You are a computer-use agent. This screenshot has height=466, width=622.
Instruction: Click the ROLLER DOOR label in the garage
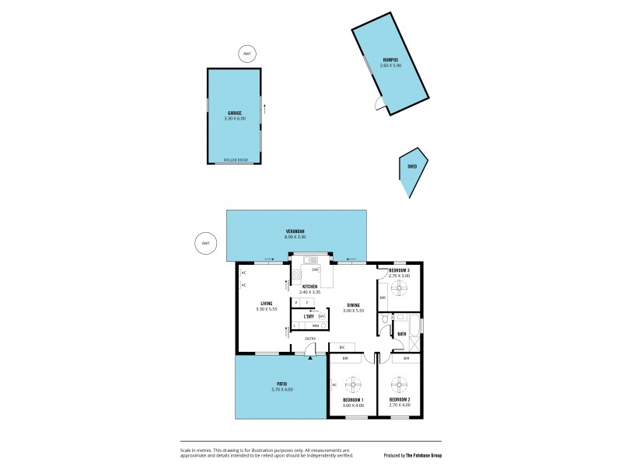point(236,160)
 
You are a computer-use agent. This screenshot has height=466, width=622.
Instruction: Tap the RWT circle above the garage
point(247,54)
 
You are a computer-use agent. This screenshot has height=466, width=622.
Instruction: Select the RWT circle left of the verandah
point(206,243)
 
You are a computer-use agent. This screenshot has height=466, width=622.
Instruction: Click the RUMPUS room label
point(390,60)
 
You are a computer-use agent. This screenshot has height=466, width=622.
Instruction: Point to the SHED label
point(412,166)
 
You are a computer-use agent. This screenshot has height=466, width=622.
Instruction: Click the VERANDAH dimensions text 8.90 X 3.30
point(295,237)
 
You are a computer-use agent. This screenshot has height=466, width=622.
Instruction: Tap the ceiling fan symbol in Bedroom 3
point(400,289)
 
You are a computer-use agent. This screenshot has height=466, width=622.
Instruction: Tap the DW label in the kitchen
point(315,270)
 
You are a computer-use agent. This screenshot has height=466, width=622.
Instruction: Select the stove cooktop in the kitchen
point(297,274)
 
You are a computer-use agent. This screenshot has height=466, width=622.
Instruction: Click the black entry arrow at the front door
point(310,356)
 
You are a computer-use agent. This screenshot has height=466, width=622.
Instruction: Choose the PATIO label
point(281,383)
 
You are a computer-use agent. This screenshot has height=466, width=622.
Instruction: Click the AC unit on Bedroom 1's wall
point(333,384)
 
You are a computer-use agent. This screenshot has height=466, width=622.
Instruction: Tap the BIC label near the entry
point(342,346)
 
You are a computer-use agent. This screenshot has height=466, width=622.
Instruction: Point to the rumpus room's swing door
point(379,105)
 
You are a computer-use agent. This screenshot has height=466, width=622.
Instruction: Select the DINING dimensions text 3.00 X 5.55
point(354,311)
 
